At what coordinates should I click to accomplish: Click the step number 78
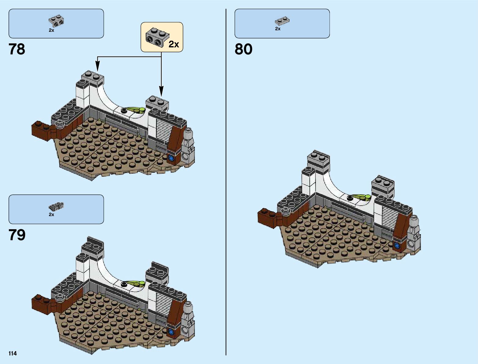[17, 49]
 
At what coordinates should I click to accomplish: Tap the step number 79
[17, 235]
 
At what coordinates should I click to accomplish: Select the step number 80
[243, 49]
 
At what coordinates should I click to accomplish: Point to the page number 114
[13, 354]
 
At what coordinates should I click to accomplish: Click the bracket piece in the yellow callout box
[156, 37]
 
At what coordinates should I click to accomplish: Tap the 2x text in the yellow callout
[174, 45]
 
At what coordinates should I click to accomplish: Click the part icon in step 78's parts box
[56, 21]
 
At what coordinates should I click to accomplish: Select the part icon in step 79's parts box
[56, 206]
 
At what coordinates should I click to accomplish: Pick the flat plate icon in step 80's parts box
[282, 21]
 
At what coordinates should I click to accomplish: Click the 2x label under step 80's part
[278, 29]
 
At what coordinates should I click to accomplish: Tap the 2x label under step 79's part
[51, 215]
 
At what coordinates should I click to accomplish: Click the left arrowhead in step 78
[97, 66]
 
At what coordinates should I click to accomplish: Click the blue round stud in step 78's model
[171, 158]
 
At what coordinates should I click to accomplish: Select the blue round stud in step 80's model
[397, 245]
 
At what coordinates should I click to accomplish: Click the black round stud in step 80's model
[350, 198]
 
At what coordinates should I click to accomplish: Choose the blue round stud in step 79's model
[171, 331]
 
